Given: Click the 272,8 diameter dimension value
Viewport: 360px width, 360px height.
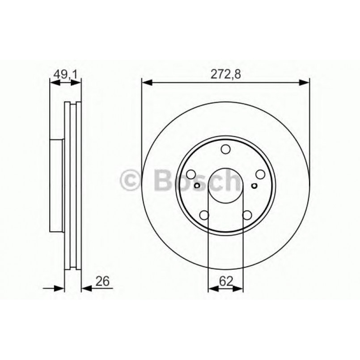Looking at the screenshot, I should (x=225, y=75).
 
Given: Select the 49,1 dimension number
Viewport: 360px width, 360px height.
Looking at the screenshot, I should (x=65, y=75).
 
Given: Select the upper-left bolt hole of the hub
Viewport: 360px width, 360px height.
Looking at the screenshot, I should (x=191, y=175).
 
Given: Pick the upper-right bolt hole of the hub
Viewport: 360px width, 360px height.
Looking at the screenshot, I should (x=259, y=175).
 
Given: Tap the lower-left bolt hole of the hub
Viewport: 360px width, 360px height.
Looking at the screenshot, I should (x=204, y=216).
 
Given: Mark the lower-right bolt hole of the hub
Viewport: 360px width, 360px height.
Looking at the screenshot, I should (x=246, y=216).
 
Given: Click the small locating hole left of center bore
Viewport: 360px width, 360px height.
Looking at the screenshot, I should (x=197, y=186).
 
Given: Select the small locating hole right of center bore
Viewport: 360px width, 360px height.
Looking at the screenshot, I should (x=254, y=186).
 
